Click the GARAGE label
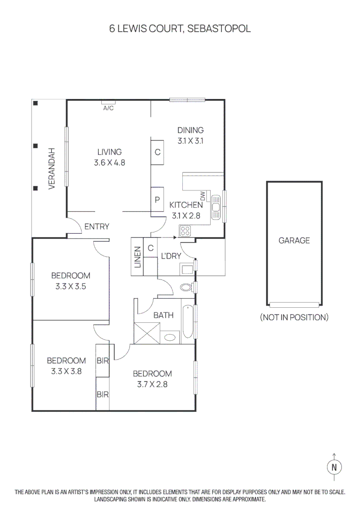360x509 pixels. (294, 240)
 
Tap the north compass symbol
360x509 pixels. (335, 468)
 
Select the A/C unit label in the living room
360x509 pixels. (108, 108)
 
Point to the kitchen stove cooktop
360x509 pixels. (185, 231)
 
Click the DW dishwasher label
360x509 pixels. (203, 196)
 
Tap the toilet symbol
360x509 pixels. (186, 287)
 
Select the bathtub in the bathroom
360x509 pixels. (188, 321)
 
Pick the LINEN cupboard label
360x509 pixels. (138, 257)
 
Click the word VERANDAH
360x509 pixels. (52, 168)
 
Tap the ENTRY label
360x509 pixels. (97, 227)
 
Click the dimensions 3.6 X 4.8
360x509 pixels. (109, 163)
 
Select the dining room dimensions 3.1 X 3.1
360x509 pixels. (190, 141)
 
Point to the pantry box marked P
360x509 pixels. (157, 199)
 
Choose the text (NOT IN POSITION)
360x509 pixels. (294, 317)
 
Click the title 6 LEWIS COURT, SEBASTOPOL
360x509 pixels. (180, 29)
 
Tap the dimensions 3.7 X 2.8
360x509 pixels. (152, 385)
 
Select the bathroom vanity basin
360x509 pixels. (170, 337)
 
